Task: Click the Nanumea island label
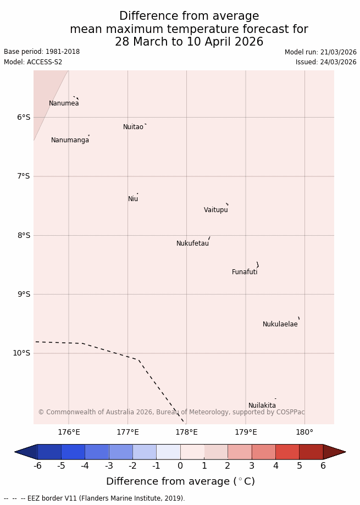coord(64,103)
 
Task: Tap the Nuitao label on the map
coord(133,127)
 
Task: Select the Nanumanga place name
coord(70,140)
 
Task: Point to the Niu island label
coord(133,199)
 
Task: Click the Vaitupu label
coord(215,210)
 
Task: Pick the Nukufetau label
coord(192,243)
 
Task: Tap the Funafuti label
coord(245,272)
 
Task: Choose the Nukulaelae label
coord(280,324)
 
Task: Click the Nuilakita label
coord(262,406)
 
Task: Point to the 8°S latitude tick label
coord(24,235)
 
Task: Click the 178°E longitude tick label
coord(186,432)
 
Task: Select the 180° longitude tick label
coord(304,432)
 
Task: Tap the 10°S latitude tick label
coord(21,353)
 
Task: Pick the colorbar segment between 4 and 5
coord(287,452)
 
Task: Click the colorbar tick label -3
coord(109,466)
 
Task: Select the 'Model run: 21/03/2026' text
coord(320,52)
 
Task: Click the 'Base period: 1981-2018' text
coord(42,52)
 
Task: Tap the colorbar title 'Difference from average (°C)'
coord(180,481)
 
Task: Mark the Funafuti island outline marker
coord(257,265)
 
